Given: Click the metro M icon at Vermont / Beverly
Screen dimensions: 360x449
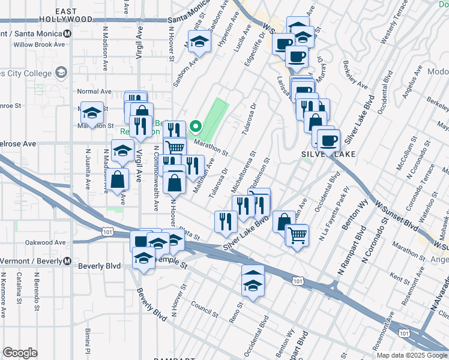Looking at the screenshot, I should [67, 262].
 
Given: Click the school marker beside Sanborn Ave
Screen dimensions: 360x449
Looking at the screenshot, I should [198, 42].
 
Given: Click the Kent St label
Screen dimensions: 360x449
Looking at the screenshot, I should [399, 277].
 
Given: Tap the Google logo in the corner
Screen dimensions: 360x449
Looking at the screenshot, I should [20, 353].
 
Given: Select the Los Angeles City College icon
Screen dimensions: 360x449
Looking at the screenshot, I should [61, 73].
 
